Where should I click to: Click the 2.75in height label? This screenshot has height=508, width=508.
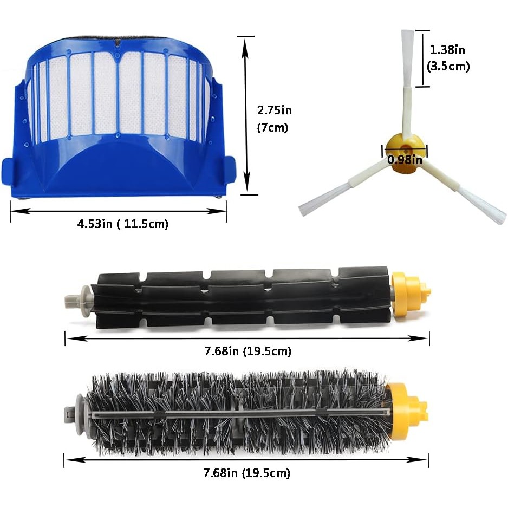(274, 110)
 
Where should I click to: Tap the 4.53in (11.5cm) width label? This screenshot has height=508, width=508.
(123, 224)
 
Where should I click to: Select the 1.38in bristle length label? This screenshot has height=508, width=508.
(447, 50)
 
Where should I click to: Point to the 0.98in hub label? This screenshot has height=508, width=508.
(405, 159)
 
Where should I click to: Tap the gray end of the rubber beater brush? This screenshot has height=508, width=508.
(77, 297)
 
